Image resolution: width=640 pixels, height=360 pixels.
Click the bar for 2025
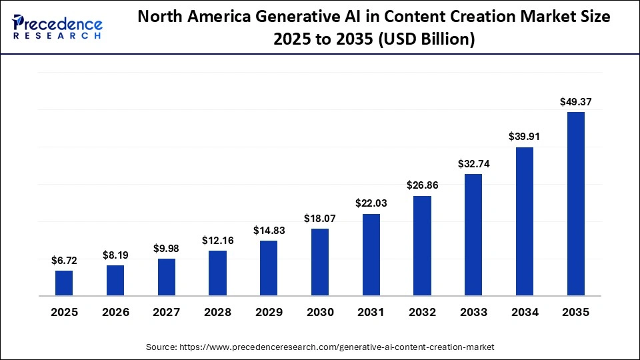[64, 283]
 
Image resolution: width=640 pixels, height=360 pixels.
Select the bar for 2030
[320, 262]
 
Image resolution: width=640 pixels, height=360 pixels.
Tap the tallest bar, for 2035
[576, 203]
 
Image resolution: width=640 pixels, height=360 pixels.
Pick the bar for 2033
[473, 235]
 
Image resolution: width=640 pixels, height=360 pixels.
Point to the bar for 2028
[217, 273]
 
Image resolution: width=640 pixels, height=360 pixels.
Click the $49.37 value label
[576, 102]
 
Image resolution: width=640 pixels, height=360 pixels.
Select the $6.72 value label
[64, 261]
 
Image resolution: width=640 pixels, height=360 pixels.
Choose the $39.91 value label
[525, 137]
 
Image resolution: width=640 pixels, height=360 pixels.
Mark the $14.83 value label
[269, 230]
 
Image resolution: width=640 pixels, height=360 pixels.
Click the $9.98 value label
[167, 248]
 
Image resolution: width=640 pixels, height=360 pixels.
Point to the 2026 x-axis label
[115, 312]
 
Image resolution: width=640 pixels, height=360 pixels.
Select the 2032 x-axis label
[423, 312]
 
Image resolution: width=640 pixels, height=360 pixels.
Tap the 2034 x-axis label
[525, 312]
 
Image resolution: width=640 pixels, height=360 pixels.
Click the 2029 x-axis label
[269, 312]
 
